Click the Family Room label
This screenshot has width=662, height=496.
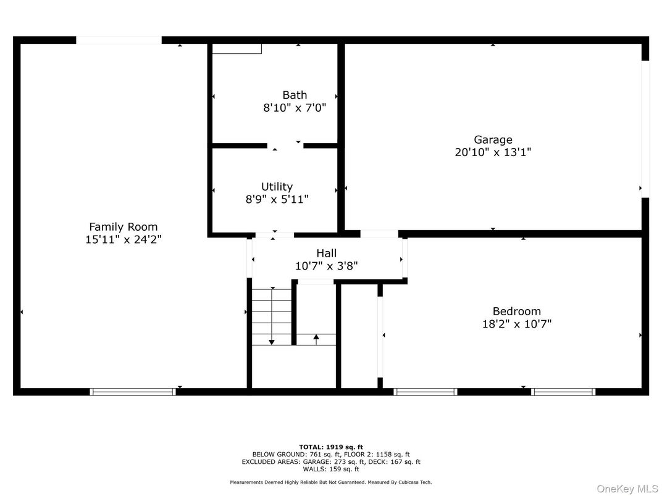coord(124,226)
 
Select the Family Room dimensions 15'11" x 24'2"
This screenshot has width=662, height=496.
coord(124,239)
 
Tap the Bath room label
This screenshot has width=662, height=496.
coord(295,95)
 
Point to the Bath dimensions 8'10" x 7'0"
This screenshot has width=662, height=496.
coord(295,108)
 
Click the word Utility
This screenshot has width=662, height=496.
coord(277,186)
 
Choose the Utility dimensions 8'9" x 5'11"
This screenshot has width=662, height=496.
coord(277,199)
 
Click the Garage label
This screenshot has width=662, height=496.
coord(493,139)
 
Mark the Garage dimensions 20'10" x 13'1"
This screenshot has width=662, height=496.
coord(493,152)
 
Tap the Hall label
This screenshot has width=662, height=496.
coord(326,253)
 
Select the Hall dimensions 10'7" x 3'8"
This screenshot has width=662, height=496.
coord(326,266)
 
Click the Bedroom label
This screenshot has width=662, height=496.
coord(516,311)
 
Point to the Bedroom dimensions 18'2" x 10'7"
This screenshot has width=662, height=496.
coord(516,323)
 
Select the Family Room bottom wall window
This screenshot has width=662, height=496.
coord(133,391)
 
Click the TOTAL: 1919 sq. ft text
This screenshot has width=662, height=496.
coord(331,447)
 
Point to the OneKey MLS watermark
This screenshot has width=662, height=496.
coord(627,489)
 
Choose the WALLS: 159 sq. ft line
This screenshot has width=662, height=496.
coord(331,469)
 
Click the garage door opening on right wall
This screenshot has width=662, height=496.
coord(645,129)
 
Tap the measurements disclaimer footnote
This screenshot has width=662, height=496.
coord(331,482)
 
